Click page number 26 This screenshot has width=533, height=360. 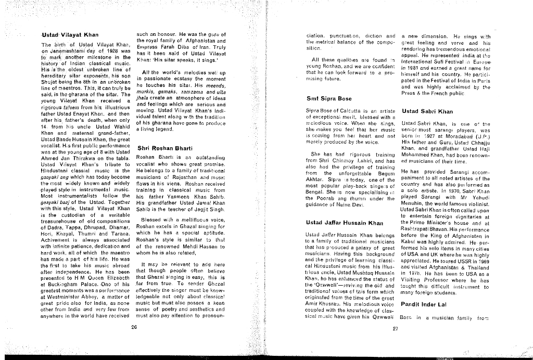[134, 327]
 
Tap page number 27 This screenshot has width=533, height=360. [394, 328]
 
